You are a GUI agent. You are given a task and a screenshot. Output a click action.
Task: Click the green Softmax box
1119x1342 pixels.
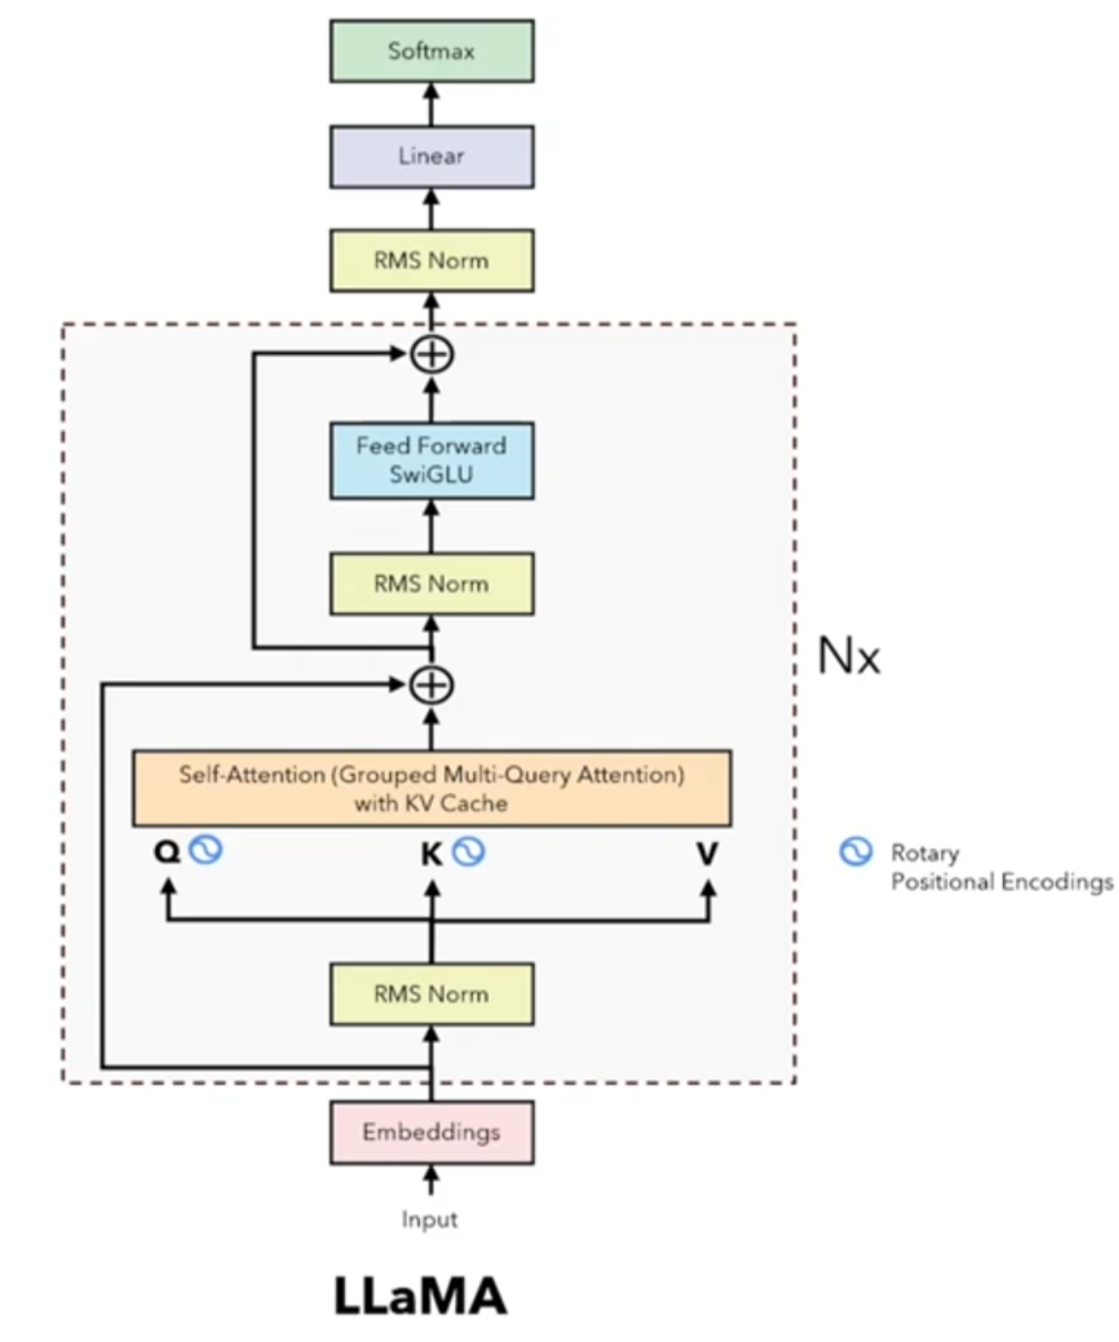pos(432,51)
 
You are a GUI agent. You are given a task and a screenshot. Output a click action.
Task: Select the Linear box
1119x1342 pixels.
pos(432,156)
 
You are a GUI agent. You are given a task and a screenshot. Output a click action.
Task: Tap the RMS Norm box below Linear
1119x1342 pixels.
pos(432,260)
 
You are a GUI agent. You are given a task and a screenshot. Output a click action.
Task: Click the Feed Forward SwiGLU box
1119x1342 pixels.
pos(432,460)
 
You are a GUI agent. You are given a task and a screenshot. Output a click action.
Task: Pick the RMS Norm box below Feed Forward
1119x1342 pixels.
pos(432,584)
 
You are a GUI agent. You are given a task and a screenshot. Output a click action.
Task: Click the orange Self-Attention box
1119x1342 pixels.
pos(432,788)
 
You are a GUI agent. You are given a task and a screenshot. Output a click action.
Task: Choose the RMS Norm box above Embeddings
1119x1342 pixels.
pos(432,994)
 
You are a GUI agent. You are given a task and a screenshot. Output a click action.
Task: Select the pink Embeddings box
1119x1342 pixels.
pos(432,1132)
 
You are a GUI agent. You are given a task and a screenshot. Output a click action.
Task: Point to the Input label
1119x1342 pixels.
pos(430,1219)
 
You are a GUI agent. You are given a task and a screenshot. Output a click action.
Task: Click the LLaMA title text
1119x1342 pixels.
pos(420,1296)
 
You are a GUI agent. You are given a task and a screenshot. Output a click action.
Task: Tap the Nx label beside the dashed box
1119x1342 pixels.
pos(848,656)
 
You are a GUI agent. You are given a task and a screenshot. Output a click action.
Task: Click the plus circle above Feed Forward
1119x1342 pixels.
pos(432,355)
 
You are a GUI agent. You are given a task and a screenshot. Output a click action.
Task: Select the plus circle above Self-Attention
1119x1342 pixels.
pos(432,685)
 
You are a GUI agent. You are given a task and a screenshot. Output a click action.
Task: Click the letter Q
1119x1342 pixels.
pos(168,852)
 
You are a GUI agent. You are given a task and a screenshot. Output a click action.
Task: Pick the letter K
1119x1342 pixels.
pos(431,855)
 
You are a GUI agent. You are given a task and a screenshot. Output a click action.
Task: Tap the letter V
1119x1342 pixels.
pos(708,855)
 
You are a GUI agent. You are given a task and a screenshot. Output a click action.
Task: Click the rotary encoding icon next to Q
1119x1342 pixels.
pos(206,850)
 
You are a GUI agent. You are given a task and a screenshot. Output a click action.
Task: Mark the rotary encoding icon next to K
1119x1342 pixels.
pos(469,852)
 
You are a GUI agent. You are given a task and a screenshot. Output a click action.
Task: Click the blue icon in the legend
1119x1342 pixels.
pos(856,853)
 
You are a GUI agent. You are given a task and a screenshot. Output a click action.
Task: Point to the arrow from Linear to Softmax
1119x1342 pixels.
pos(432,104)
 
